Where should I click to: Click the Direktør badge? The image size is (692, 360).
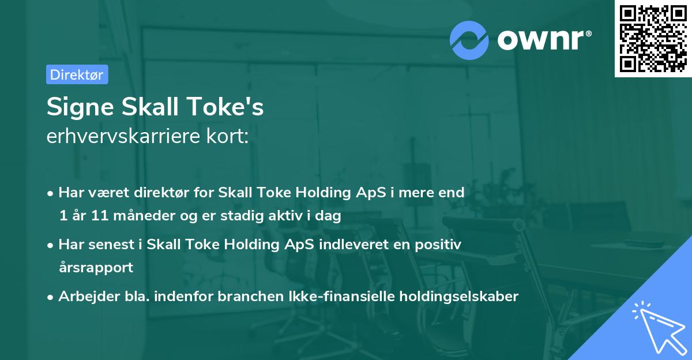[77, 74]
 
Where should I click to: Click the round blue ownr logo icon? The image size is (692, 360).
[469, 40]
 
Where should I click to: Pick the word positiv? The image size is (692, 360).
[439, 245]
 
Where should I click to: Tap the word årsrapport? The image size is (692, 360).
[96, 268]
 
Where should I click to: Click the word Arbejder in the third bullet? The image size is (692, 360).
[82, 297]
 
